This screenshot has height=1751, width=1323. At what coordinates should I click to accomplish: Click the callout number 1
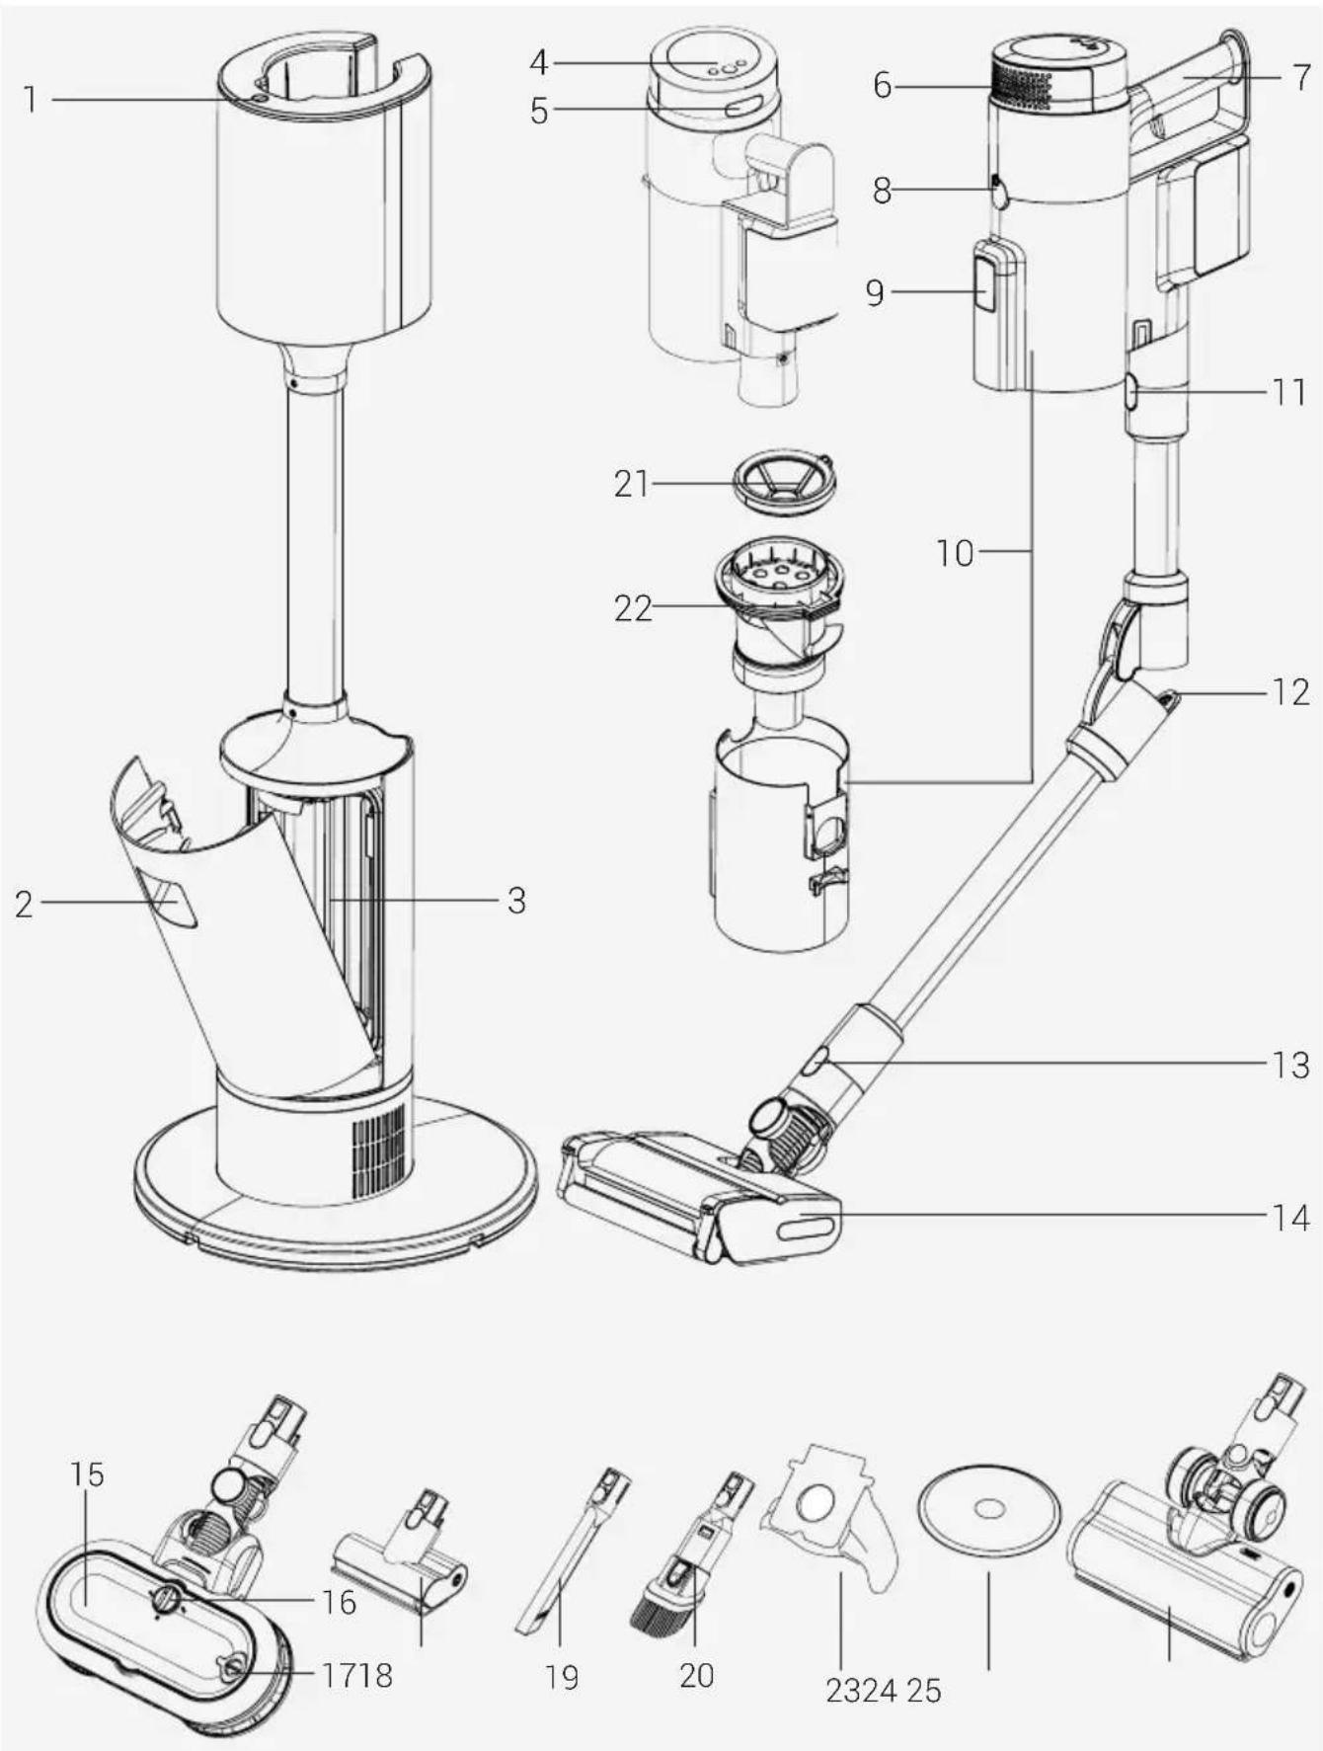(x=31, y=99)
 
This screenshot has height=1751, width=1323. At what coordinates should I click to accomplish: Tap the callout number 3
(x=516, y=901)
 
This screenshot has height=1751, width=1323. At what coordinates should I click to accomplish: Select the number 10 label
(x=955, y=552)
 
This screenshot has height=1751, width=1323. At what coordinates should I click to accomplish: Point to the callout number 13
(x=1288, y=1065)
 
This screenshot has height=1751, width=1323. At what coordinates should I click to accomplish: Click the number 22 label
(x=633, y=607)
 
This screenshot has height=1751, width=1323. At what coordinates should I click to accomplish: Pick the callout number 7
(x=1302, y=77)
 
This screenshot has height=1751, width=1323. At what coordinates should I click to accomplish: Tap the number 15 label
(x=87, y=1473)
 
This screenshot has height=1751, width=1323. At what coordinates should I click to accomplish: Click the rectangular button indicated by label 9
(x=985, y=283)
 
